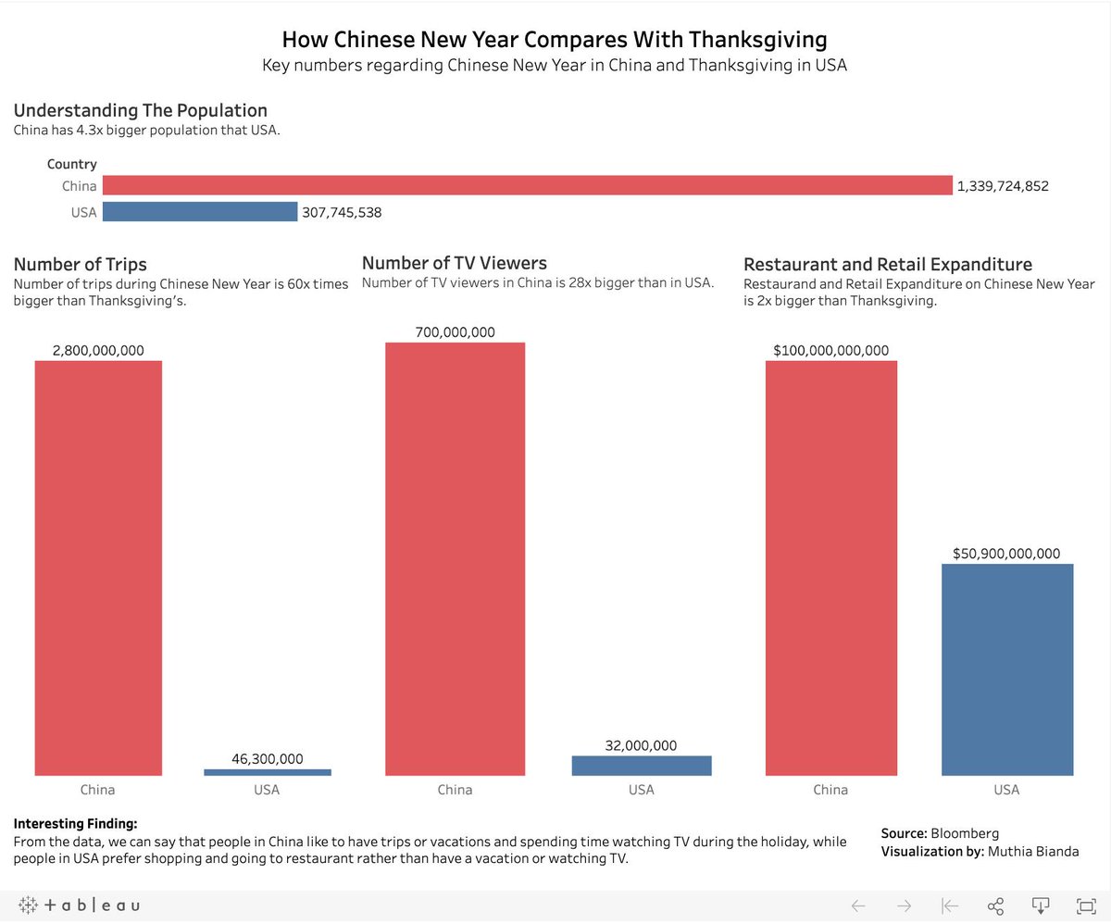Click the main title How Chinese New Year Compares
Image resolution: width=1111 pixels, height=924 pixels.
click(554, 40)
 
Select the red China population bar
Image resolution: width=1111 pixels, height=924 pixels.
click(527, 186)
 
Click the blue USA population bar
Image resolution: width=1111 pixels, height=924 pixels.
click(199, 212)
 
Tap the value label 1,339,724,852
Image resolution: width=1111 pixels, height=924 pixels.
click(1003, 186)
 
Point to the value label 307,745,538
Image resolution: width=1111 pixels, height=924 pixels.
click(342, 212)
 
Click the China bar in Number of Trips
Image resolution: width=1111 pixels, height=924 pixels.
click(98, 567)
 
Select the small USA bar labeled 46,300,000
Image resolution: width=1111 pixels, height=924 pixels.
click(267, 772)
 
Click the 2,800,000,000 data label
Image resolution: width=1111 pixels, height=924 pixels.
click(98, 350)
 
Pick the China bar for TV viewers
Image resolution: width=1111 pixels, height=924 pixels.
click(455, 558)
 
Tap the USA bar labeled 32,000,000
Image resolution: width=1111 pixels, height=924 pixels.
click(642, 766)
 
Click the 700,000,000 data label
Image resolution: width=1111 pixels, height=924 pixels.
click(455, 332)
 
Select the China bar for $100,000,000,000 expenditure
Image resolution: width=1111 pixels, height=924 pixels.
click(830, 567)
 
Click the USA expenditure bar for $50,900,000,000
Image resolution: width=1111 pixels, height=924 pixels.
click(1006, 668)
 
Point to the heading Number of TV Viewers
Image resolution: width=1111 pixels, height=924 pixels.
click(455, 263)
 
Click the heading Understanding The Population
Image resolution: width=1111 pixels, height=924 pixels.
click(140, 110)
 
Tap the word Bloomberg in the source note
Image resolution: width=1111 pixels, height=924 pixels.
click(965, 833)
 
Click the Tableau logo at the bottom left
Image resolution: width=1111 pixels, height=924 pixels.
click(79, 905)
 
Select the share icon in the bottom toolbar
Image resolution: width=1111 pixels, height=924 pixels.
click(995, 905)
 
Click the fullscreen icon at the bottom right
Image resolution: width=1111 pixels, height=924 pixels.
click(1085, 905)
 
